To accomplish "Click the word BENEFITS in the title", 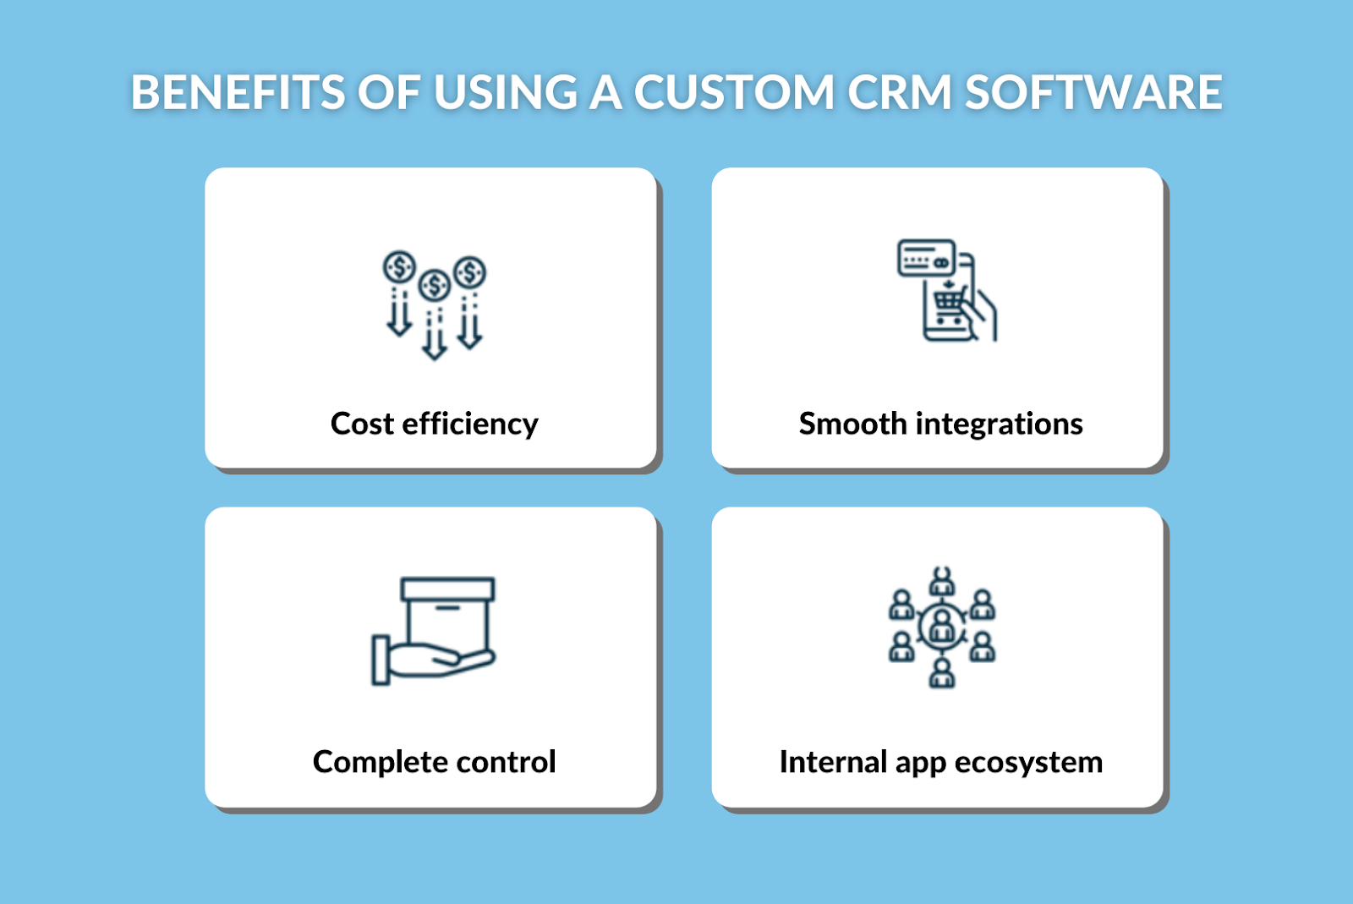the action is [x=238, y=92].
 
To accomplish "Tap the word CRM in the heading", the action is [x=900, y=92].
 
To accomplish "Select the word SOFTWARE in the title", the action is [x=1094, y=92].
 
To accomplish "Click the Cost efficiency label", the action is [x=435, y=424].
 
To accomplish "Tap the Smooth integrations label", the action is [x=940, y=424].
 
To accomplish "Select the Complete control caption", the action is [x=435, y=762].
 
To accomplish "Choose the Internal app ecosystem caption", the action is [x=941, y=762].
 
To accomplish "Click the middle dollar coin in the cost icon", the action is [x=435, y=285].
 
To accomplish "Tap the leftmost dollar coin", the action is [x=399, y=267].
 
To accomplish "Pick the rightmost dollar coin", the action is [x=470, y=272].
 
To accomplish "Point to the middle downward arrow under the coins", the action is [x=435, y=334].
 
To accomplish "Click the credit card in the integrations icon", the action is [x=926, y=258].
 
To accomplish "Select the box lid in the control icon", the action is [x=447, y=589].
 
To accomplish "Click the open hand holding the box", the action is [x=434, y=660].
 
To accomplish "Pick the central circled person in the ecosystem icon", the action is [x=942, y=627].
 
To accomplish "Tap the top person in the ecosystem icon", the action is [x=942, y=581].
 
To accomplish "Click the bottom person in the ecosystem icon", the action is [x=942, y=673].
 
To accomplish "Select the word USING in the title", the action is [x=505, y=92].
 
